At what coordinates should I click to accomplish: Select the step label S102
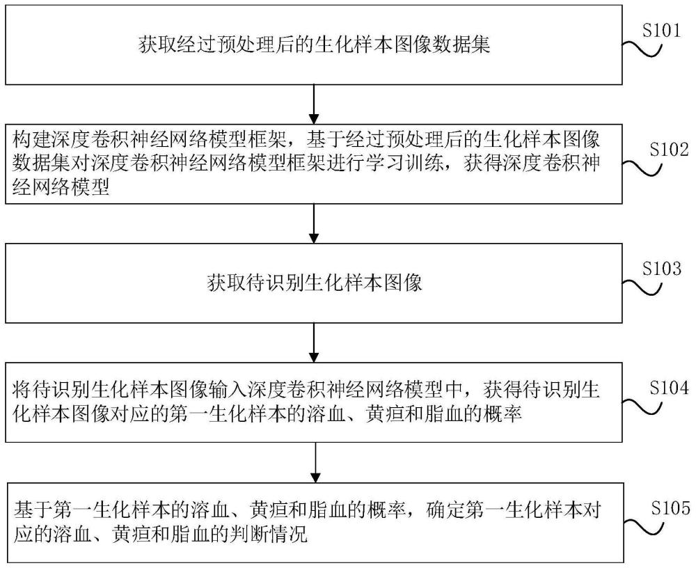667,149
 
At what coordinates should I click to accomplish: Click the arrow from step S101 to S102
316,104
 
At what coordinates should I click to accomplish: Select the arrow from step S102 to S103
316,223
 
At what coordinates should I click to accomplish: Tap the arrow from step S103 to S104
316,344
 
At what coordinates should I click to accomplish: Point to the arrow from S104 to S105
316,461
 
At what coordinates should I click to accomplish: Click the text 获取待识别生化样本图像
315,283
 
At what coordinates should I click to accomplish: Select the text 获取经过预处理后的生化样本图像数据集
315,46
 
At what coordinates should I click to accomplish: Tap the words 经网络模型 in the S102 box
61,188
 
